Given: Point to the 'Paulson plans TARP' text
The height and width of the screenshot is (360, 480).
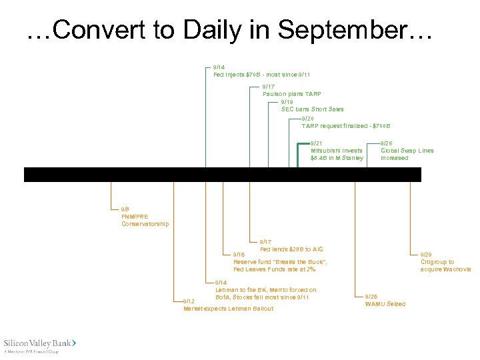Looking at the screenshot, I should click(292, 94).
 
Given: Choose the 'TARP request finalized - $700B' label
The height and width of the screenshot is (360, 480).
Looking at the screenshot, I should click(345, 126).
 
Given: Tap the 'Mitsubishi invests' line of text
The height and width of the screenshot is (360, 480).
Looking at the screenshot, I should click(336, 151).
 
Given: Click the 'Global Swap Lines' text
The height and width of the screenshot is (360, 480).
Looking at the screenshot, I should click(407, 151).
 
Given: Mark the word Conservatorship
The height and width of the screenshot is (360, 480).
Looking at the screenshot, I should click(145, 224).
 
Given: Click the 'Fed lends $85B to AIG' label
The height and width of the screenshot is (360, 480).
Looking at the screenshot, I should click(291, 249).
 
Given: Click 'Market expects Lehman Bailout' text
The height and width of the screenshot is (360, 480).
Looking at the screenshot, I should click(228, 309).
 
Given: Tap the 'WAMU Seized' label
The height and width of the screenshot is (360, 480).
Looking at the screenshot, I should click(385, 304).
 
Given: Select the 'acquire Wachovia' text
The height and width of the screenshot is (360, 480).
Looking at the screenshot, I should click(445, 269).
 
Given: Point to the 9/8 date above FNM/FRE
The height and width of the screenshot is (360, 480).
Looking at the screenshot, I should click(125, 209).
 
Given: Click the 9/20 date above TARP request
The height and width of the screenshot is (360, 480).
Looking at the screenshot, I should click(307, 119).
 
